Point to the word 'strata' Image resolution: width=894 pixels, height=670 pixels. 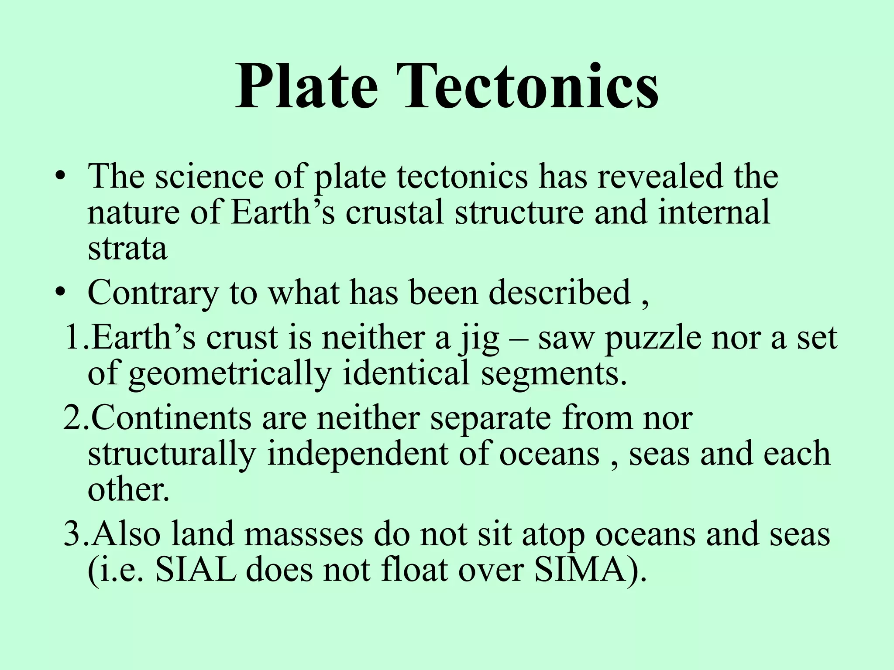[127, 249]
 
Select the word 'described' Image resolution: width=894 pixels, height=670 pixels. [560, 292]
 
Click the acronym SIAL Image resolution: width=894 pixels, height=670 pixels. [195, 570]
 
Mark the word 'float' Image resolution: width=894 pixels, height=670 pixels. [415, 570]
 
